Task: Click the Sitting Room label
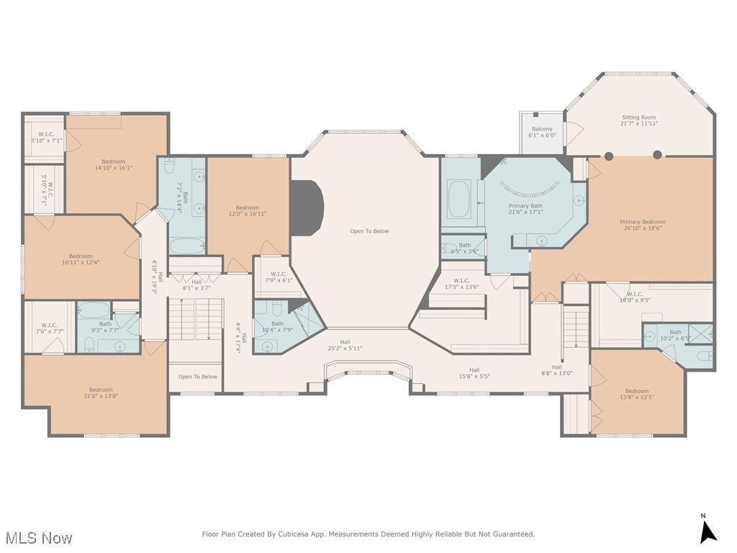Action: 638,120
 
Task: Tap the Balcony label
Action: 542,132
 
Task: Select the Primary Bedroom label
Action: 643,225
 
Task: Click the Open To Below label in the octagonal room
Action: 369,231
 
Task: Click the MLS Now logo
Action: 38,538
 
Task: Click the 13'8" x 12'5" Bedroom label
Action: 636,394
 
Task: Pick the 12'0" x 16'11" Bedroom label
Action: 248,210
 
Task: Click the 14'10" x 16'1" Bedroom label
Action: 113,165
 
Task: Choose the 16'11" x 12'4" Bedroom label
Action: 81,259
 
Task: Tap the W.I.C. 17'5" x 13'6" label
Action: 461,284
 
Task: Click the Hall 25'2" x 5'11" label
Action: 345,345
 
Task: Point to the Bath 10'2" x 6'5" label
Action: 675,335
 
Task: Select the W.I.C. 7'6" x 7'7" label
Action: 49,328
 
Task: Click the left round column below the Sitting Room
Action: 609,155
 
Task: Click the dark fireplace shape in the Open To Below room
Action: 305,207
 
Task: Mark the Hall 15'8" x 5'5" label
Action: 474,373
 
